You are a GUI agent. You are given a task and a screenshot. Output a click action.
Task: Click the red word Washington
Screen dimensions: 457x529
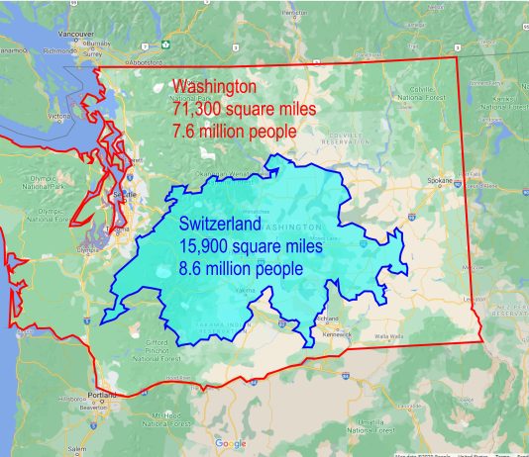point(214,86)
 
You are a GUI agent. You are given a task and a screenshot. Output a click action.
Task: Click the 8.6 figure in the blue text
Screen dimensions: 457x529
point(192,266)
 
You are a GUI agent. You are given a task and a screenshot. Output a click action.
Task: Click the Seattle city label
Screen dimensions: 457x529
point(124,195)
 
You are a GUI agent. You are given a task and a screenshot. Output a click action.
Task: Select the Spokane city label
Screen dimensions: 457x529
point(440,181)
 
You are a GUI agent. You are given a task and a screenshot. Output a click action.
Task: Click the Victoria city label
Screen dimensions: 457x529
point(59,115)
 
